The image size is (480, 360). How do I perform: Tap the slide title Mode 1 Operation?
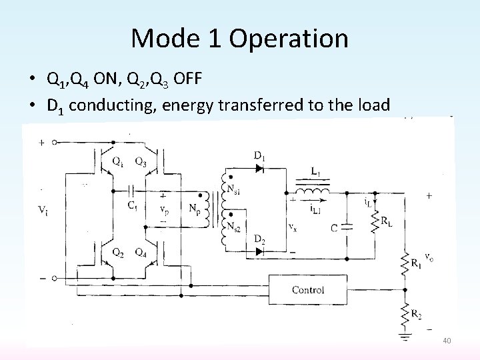pyautogui.click(x=239, y=38)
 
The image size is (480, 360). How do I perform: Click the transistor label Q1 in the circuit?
pyautogui.click(x=118, y=161)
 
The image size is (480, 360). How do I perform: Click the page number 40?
pyautogui.click(x=447, y=341)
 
